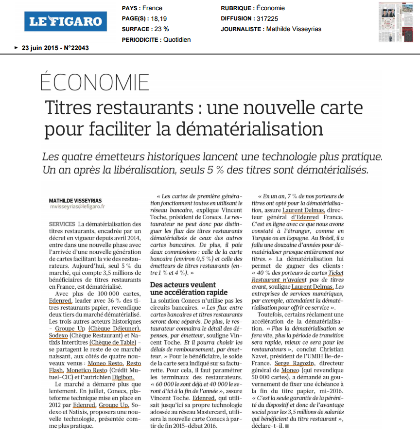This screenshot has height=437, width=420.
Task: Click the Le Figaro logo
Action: pyautogui.click(x=66, y=21)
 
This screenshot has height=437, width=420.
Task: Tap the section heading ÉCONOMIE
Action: pyautogui.click(x=95, y=83)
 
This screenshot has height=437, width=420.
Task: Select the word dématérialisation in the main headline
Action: pyautogui.click(x=249, y=128)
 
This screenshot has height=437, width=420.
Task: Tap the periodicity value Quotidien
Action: pyautogui.click(x=177, y=40)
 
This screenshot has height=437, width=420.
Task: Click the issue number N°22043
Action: pyautogui.click(x=76, y=48)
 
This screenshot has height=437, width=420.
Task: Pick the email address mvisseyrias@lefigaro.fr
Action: pyautogui.click(x=77, y=206)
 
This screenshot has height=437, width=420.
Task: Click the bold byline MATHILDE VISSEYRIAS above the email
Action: pyautogui.click(x=75, y=200)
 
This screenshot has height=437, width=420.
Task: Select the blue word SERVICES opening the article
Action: pyautogui.click(x=62, y=224)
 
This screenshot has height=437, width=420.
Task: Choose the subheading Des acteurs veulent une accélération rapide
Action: pyautogui.click(x=189, y=288)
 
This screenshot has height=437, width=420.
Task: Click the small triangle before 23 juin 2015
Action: pyautogui.click(x=17, y=48)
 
